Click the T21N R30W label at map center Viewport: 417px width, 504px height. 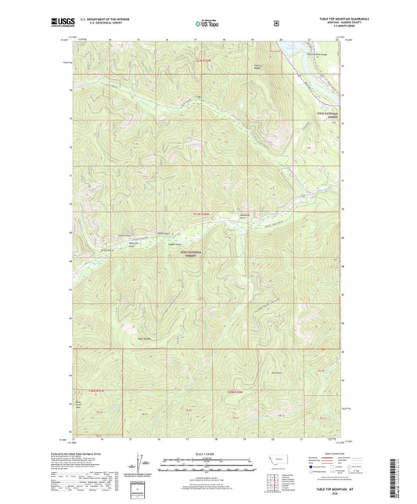tap(203, 214)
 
